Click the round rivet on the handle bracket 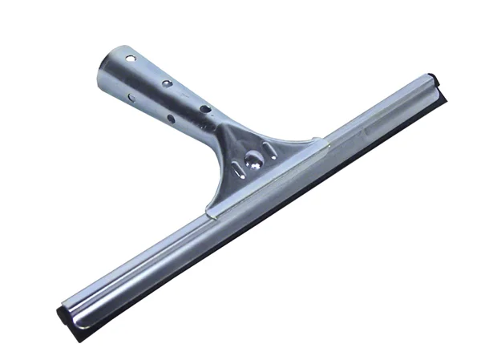[x=253, y=157]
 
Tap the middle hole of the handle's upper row [x=165, y=83]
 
